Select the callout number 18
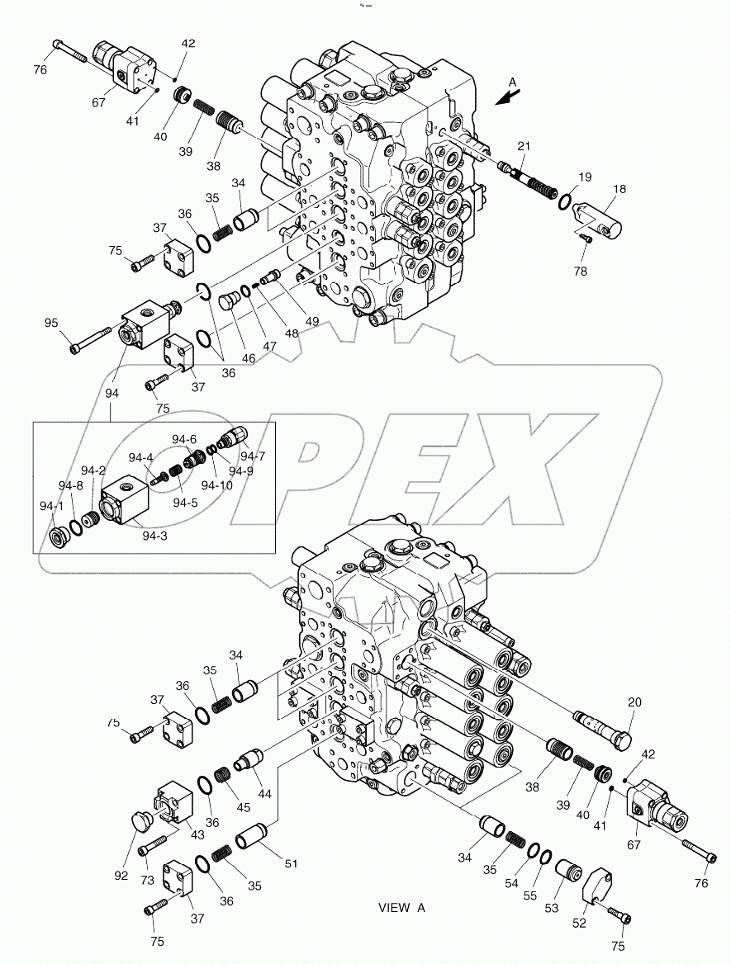[619, 189]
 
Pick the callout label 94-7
[254, 456]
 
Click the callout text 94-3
[155, 536]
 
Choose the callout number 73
[148, 881]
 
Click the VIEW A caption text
[401, 908]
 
